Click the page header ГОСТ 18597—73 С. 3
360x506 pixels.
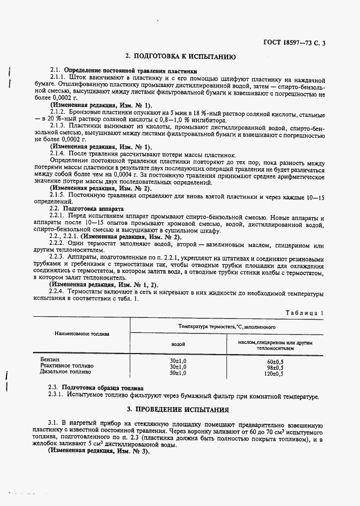pyautogui.click(x=295, y=43)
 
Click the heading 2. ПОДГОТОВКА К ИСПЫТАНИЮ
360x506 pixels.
pyautogui.click(x=179, y=56)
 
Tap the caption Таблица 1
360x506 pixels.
pyautogui.click(x=305, y=312)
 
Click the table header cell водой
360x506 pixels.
pyautogui.click(x=178, y=344)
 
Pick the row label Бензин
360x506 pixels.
pyautogui.click(x=50, y=359)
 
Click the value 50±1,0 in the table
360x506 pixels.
pyautogui.click(x=178, y=372)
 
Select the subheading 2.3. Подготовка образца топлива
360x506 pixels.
pyautogui.click(x=96, y=388)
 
